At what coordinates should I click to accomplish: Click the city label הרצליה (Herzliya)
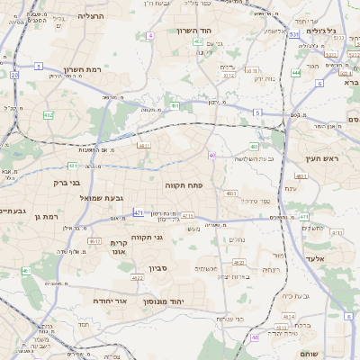click(91, 16)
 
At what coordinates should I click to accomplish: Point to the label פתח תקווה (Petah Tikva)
click(183, 184)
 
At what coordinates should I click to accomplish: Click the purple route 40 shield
click(212, 156)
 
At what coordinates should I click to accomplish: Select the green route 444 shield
click(296, 73)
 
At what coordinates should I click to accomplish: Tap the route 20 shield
click(14, 76)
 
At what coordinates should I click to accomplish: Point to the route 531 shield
click(293, 34)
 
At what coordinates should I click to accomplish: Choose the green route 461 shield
click(26, 271)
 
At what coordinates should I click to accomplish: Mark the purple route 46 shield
click(256, 337)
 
